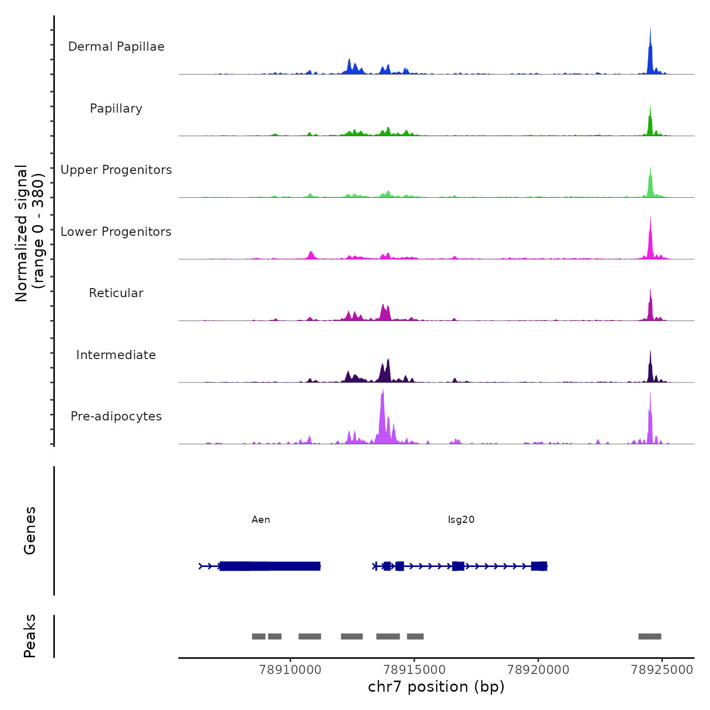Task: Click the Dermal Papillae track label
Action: click(x=116, y=47)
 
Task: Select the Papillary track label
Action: click(x=116, y=109)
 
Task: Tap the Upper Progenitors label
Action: click(x=116, y=170)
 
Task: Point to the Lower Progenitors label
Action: click(x=116, y=232)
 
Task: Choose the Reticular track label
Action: click(x=116, y=293)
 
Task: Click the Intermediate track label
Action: click(x=116, y=355)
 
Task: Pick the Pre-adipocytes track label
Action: click(x=116, y=416)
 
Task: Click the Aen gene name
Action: click(x=261, y=520)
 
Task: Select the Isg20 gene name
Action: click(x=461, y=520)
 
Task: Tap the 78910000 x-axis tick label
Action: click(x=290, y=670)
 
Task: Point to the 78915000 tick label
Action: click(x=414, y=670)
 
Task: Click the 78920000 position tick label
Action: click(x=538, y=670)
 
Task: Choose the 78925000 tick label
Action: click(x=662, y=670)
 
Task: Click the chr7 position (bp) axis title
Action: click(x=436, y=687)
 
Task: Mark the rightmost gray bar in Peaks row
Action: click(x=650, y=636)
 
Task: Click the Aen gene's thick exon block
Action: click(x=270, y=566)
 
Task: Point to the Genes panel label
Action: click(x=30, y=530)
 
